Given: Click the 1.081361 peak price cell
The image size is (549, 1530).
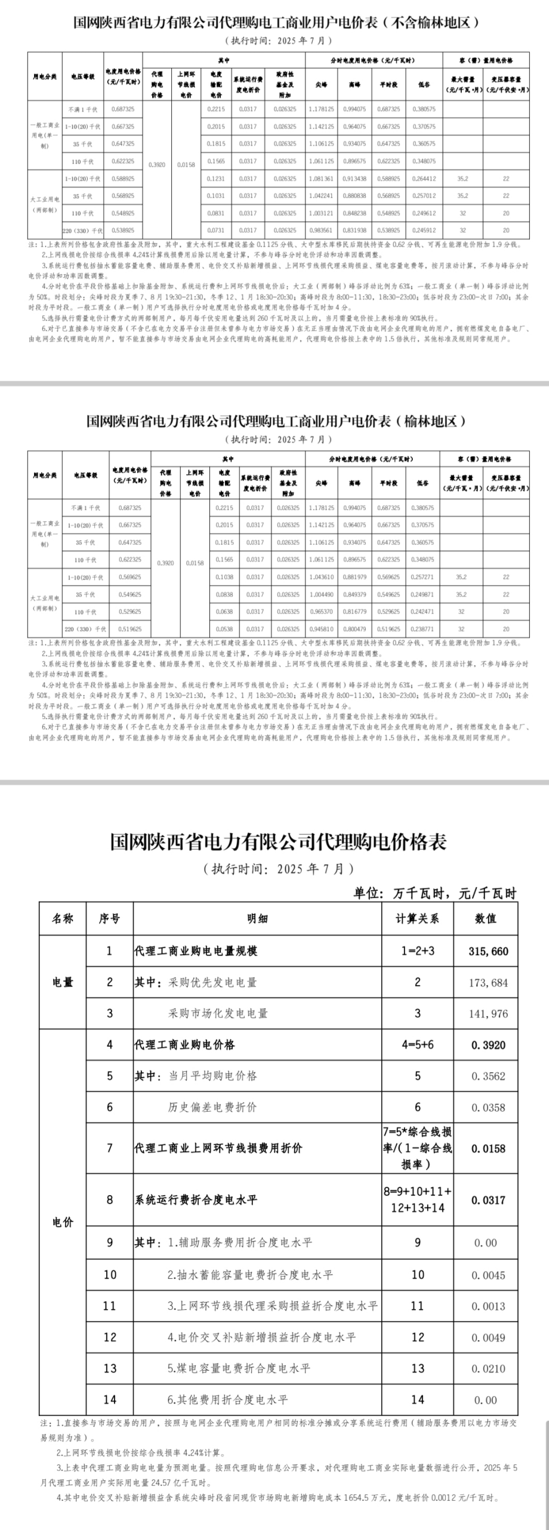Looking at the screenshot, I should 321,178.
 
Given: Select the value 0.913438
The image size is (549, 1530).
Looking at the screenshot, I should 356,178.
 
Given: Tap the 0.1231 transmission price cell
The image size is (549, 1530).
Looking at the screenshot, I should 215,178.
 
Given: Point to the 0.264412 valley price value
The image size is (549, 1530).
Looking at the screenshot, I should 424,178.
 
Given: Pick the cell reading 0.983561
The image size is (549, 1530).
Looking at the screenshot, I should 321,230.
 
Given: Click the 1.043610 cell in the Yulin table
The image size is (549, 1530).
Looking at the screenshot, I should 322,577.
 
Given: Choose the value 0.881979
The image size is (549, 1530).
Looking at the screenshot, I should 356,577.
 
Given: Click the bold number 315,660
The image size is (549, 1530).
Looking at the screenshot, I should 488,951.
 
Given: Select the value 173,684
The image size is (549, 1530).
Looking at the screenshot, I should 488,983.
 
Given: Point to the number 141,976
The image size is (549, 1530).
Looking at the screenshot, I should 488,1014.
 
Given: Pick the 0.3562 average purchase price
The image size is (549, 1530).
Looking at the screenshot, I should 488,1076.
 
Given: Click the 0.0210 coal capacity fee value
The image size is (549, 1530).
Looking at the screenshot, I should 488,1369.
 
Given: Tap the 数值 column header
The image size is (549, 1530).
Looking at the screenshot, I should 486,919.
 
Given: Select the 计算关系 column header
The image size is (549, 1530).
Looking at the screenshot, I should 417,919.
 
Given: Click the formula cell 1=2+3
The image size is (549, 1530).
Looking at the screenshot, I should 417,951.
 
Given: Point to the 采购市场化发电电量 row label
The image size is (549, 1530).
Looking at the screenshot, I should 218,1014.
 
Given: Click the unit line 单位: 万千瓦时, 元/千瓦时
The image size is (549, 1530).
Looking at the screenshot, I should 434,893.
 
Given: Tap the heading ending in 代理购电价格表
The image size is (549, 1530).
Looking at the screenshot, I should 278,842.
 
